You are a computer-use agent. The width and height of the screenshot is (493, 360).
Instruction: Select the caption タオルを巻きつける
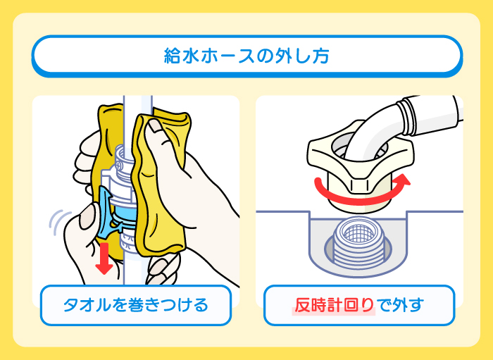pyautogui.click(x=135, y=305)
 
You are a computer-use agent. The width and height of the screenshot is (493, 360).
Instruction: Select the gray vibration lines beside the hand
pyautogui.click(x=56, y=223)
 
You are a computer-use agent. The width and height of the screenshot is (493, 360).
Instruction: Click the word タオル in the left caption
pyautogui.click(x=85, y=305)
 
